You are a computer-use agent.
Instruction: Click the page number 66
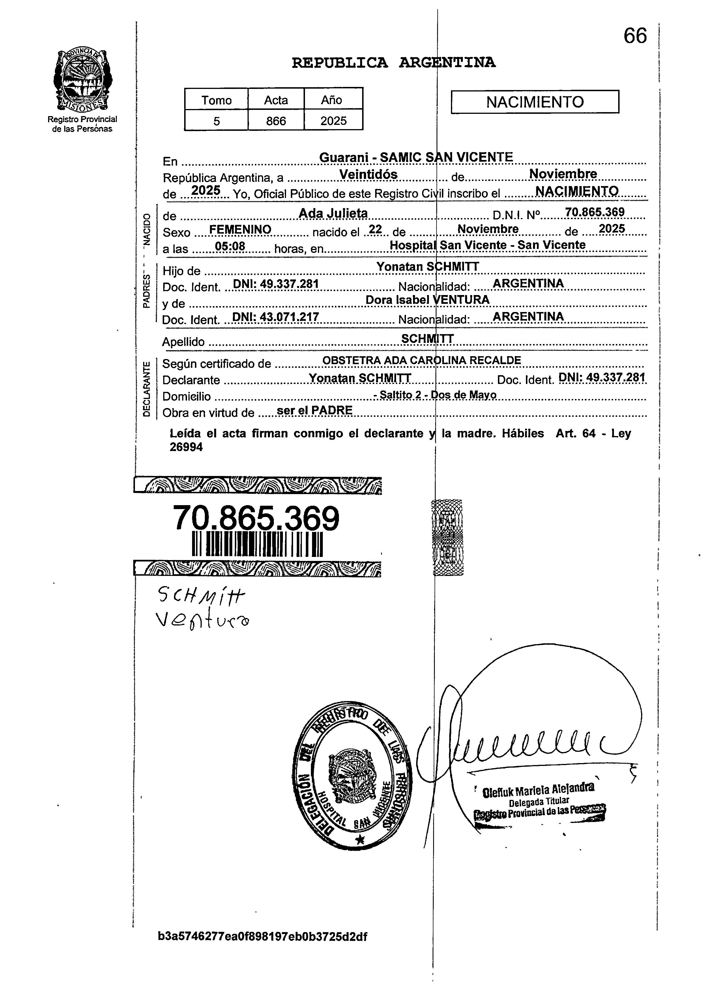tap(635, 36)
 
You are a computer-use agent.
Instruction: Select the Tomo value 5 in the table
tap(216, 121)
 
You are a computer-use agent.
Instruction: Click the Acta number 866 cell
tap(276, 121)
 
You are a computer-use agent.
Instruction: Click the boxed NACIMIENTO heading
tap(535, 102)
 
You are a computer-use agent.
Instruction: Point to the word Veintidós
tap(368, 174)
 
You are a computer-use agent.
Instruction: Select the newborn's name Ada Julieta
tap(334, 213)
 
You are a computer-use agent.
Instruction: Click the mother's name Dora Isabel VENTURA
tap(427, 300)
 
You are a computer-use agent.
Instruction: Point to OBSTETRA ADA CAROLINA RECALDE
tap(422, 360)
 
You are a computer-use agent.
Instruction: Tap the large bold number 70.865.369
tap(256, 518)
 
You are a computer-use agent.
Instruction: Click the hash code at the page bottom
tap(263, 936)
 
